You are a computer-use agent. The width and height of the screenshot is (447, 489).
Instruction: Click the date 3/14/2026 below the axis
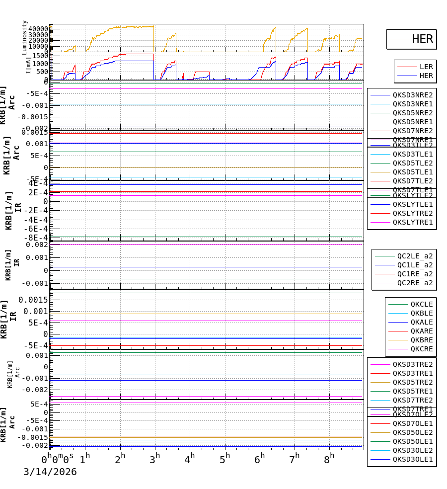coord(50,472)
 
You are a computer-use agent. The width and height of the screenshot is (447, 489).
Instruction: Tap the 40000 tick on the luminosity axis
coord(38,29)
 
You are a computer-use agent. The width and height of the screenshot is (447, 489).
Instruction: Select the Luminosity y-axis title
coord(25,37)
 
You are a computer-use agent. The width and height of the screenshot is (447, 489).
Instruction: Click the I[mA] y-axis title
coord(28,66)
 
